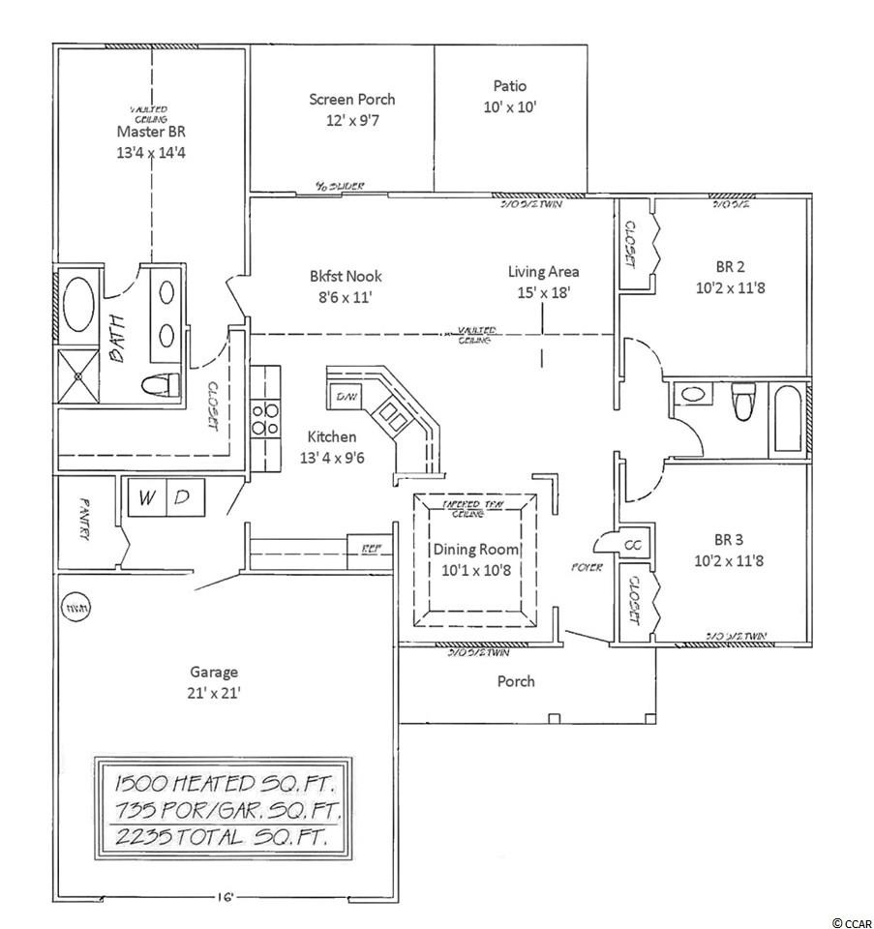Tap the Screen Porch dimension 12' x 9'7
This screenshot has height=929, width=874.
[x=351, y=121]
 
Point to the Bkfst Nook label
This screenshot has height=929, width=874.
[x=335, y=274]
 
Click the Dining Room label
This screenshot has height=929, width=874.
[x=475, y=548]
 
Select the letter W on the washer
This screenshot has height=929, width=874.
[x=147, y=498]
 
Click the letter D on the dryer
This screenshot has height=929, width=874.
[x=183, y=498]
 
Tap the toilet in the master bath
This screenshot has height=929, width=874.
[x=161, y=385]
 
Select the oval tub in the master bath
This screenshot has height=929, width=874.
[x=76, y=306]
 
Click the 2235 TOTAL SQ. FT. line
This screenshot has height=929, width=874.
[x=217, y=835]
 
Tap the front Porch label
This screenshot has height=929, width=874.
[x=516, y=681]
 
